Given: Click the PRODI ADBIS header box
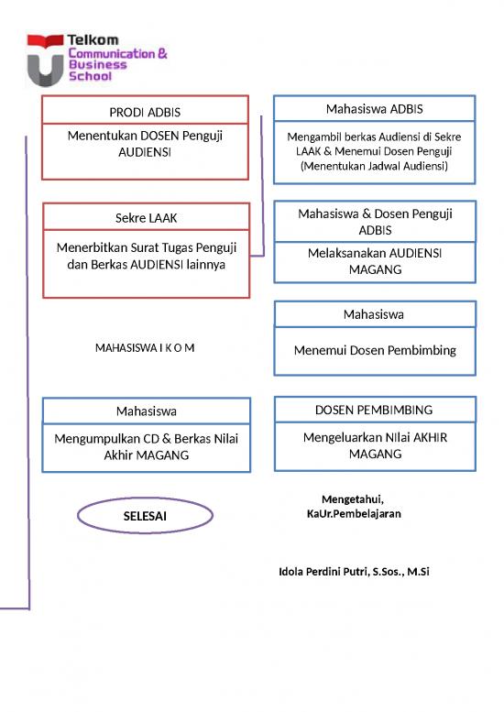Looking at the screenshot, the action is click(146, 111).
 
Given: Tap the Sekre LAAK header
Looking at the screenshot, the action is click(146, 217).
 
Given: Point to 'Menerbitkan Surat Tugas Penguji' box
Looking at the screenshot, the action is click(146, 263).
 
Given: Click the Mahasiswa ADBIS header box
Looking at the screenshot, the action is click(375, 108).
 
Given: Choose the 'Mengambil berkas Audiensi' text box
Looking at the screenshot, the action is click(375, 152).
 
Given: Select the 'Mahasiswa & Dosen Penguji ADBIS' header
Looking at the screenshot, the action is click(375, 221).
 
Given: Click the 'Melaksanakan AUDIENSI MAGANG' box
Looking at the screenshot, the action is click(375, 262).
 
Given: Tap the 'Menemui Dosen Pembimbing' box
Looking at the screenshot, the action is click(375, 351).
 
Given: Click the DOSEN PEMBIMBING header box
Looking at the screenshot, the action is click(375, 410).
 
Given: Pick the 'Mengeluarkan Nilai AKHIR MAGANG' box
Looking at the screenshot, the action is click(375, 446).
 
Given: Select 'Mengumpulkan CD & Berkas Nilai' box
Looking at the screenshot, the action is click(146, 447).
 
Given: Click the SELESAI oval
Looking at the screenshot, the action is click(145, 517).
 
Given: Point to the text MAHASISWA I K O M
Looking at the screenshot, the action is click(145, 348).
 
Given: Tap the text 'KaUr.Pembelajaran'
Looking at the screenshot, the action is click(354, 513).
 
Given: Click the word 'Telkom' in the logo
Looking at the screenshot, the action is click(93, 40).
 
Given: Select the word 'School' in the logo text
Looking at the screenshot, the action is click(91, 77).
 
